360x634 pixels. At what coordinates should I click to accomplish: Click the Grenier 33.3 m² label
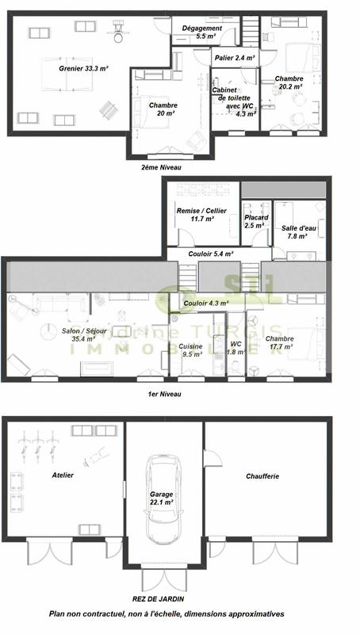coord(83,69)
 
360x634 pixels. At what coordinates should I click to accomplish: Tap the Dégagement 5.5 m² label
coord(201,32)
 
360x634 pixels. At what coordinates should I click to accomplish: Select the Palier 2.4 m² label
coord(234,58)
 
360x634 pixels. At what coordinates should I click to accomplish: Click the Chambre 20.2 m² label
coord(289,83)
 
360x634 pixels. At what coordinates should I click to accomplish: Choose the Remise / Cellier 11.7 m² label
coord(201,215)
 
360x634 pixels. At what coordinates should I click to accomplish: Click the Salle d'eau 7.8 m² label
coord(297,232)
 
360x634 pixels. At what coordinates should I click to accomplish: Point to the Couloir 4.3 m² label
coord(205,303)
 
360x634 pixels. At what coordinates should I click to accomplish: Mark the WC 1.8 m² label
coord(236,348)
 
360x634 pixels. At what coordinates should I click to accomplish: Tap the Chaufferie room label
coord(261,476)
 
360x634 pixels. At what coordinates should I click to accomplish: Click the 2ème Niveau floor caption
coord(162,168)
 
